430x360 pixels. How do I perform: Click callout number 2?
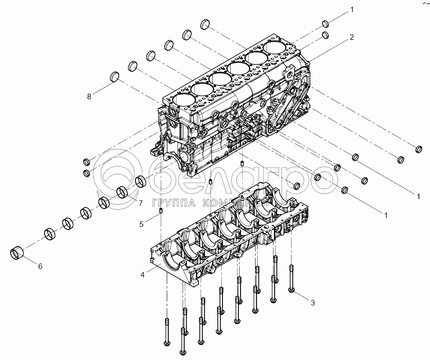click(x=352, y=37)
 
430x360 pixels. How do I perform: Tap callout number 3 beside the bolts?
click(x=313, y=303)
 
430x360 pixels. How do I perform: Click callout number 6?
click(x=40, y=266)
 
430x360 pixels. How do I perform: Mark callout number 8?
click(x=89, y=97)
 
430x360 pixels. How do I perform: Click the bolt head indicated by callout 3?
click(x=292, y=290)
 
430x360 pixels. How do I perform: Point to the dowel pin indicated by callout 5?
click(x=161, y=211)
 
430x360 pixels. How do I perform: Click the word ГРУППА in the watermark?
click(x=168, y=202)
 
